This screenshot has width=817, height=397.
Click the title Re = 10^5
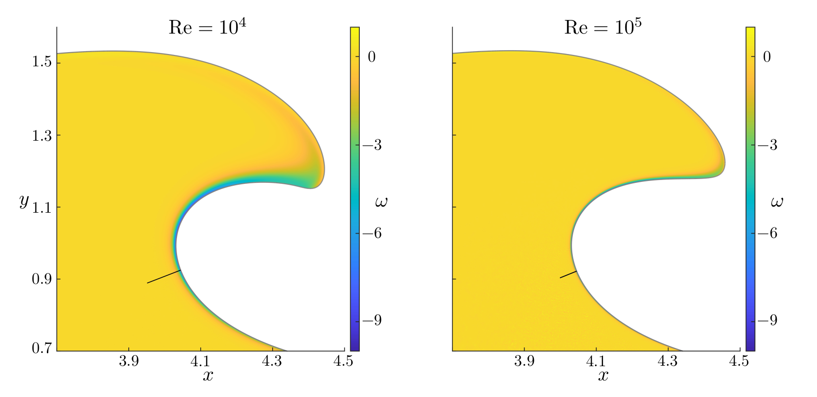[603, 27]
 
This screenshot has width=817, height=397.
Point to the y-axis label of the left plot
[24, 201]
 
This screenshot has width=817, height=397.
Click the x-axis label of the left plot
[207, 376]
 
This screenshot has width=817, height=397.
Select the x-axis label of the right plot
[603, 376]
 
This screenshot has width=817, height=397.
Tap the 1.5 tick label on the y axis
[42, 63]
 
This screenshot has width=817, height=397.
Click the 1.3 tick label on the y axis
[42, 135]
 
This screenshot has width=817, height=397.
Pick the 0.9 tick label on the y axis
[42, 280]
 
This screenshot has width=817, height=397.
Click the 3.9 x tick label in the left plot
[129, 362]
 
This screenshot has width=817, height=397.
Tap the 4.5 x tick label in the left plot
[344, 362]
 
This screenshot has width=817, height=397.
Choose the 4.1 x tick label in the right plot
[596, 362]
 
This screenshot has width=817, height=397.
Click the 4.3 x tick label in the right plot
[668, 362]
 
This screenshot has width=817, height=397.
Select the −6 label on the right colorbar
[767, 233]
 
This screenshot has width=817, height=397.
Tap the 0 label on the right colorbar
[767, 57]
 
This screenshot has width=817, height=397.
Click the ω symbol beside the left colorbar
[381, 203]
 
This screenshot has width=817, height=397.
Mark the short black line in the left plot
[164, 277]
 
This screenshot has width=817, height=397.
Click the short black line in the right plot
[568, 274]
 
